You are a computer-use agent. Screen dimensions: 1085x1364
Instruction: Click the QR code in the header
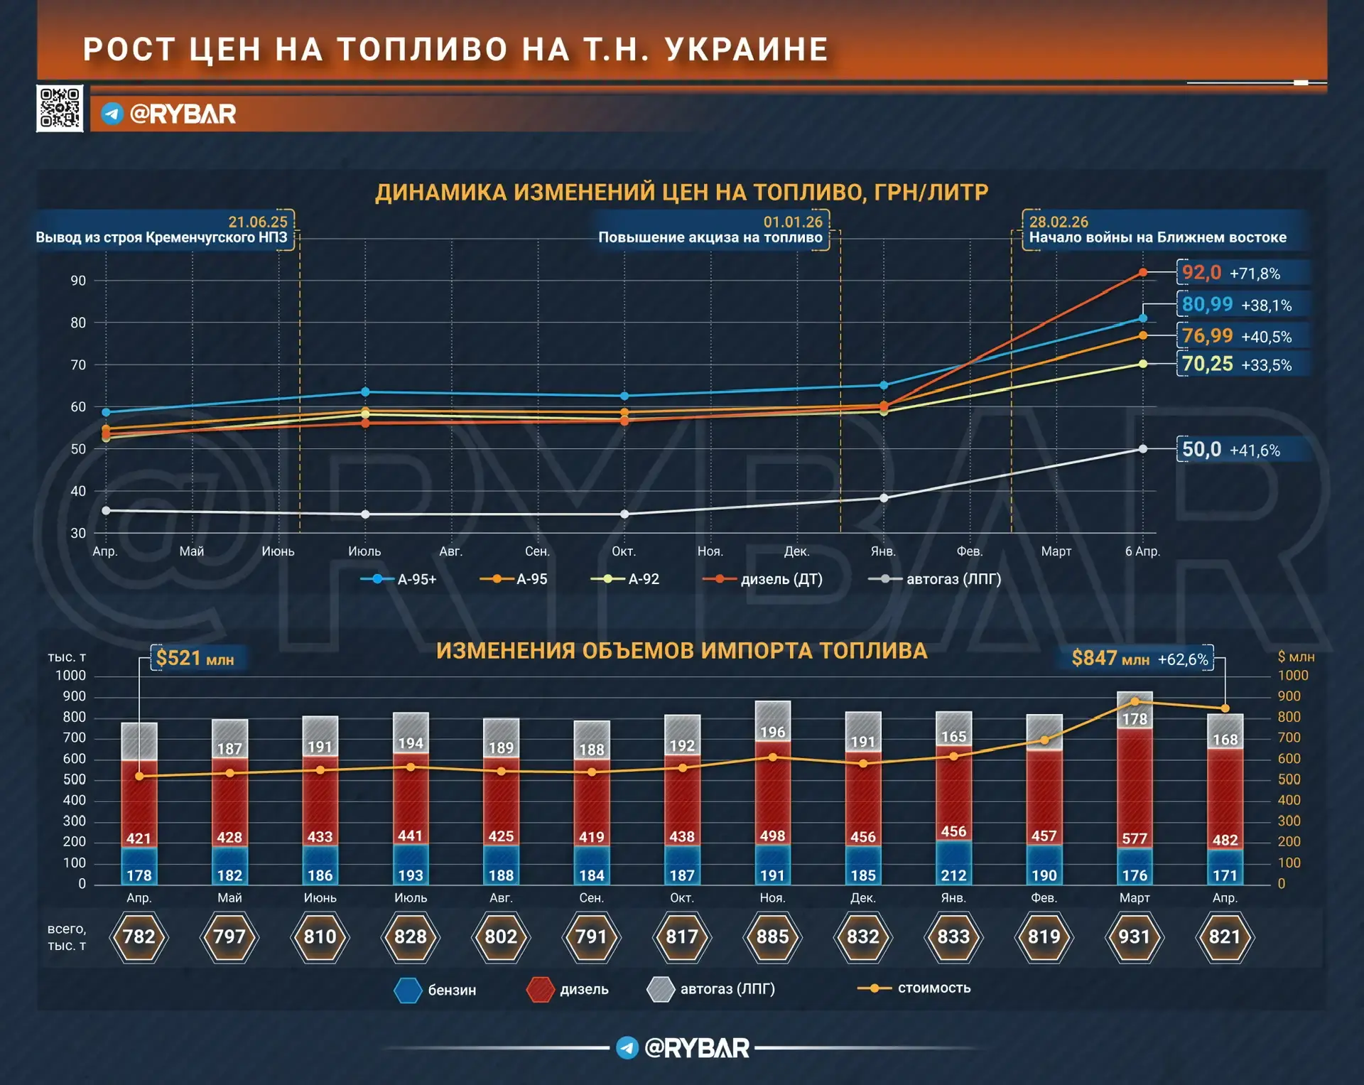[x=60, y=108]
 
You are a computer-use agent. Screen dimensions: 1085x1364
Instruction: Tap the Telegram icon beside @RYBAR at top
[x=112, y=114]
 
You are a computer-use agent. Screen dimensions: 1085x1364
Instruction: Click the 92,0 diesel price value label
[x=1201, y=273]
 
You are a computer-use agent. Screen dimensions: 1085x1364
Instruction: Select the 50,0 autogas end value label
[x=1201, y=450]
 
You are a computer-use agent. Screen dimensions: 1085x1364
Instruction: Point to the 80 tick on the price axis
[x=78, y=323]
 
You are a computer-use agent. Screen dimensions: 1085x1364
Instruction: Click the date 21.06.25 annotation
[x=258, y=222]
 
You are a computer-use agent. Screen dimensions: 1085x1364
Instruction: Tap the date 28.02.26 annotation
[x=1059, y=222]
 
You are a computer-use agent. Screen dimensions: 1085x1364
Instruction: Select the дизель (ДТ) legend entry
[x=763, y=579]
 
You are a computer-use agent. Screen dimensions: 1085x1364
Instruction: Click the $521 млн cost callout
[x=195, y=659]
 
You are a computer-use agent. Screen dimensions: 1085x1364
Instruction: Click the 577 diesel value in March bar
[x=1134, y=838]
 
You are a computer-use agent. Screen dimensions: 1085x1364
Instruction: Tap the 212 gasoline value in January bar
[x=953, y=875]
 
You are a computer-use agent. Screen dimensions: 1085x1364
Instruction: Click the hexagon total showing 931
[x=1134, y=937]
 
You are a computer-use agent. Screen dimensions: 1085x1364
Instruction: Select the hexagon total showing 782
[x=139, y=937]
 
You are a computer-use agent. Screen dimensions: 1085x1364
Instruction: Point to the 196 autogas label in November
[x=772, y=732]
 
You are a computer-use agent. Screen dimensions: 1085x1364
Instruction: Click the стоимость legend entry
[x=916, y=988]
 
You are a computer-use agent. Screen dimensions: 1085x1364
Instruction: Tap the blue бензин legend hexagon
[x=408, y=990]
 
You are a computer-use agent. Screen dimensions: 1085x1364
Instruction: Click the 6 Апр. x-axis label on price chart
[x=1142, y=551]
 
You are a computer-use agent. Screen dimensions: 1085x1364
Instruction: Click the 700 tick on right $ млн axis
[x=1289, y=738]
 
